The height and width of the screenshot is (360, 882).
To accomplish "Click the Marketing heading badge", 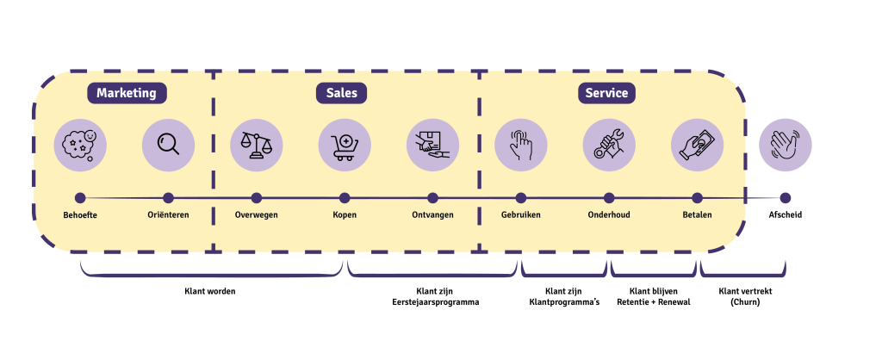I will tap(127, 93).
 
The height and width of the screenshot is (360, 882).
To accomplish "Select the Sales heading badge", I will tap(341, 93).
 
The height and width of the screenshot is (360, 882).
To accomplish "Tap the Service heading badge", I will tap(606, 93).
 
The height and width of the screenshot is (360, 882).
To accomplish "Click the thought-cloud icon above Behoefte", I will tap(80, 145).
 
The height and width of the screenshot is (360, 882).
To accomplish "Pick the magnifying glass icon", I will tap(168, 145).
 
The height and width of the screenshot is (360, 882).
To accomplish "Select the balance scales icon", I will tap(257, 145).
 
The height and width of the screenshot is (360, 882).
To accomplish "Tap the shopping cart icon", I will tap(345, 145).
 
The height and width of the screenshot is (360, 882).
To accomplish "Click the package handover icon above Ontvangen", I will tap(432, 145).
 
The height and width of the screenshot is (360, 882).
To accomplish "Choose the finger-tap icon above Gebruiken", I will tap(521, 145).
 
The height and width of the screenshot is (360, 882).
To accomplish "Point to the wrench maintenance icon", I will tap(609, 145).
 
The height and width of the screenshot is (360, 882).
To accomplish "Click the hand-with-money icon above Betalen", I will tap(697, 145).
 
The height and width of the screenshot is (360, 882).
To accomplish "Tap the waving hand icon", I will tap(786, 145).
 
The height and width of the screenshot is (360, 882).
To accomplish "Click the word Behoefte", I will tap(80, 214).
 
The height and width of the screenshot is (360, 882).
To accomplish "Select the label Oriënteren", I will tap(168, 214).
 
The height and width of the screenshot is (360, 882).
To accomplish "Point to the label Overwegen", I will tap(257, 214).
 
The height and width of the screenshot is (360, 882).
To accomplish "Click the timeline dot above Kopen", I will tap(345, 198).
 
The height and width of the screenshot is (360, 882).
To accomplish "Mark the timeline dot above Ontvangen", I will tap(432, 198).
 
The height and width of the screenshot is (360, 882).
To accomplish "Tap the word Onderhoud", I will tap(609, 214).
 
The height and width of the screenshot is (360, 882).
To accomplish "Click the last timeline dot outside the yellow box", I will tap(786, 198).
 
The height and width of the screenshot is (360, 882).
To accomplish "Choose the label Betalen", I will tap(697, 214).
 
